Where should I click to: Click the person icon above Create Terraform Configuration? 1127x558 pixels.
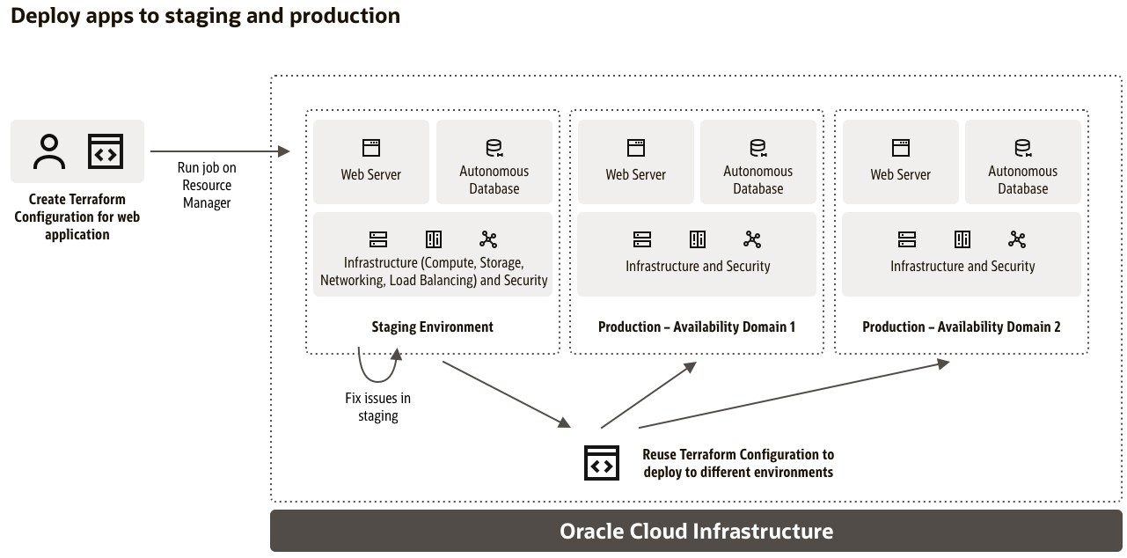pos(50,151)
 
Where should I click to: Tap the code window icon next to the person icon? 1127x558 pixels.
pos(105,151)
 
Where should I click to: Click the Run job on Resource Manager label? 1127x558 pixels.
pos(207,185)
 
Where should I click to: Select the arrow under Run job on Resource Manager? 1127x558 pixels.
pos(220,152)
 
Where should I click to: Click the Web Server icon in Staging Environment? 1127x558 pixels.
pos(371,147)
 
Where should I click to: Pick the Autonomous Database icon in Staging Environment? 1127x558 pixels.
pos(494,147)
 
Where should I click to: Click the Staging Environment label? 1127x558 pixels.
pos(432,327)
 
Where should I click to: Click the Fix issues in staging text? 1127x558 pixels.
pos(377,407)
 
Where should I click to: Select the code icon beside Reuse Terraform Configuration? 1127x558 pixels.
pos(602,463)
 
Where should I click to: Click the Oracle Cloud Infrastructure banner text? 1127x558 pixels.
pos(696,532)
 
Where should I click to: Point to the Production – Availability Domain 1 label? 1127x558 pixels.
pos(697,327)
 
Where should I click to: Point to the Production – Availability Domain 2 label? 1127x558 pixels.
pos(961,327)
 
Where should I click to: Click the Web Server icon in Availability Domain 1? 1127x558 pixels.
pos(636,147)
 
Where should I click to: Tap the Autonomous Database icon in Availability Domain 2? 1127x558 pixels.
pos(1022,147)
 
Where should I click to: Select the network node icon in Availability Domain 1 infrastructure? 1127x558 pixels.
pos(752,239)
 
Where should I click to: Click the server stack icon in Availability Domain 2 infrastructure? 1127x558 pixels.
pos(907,239)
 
